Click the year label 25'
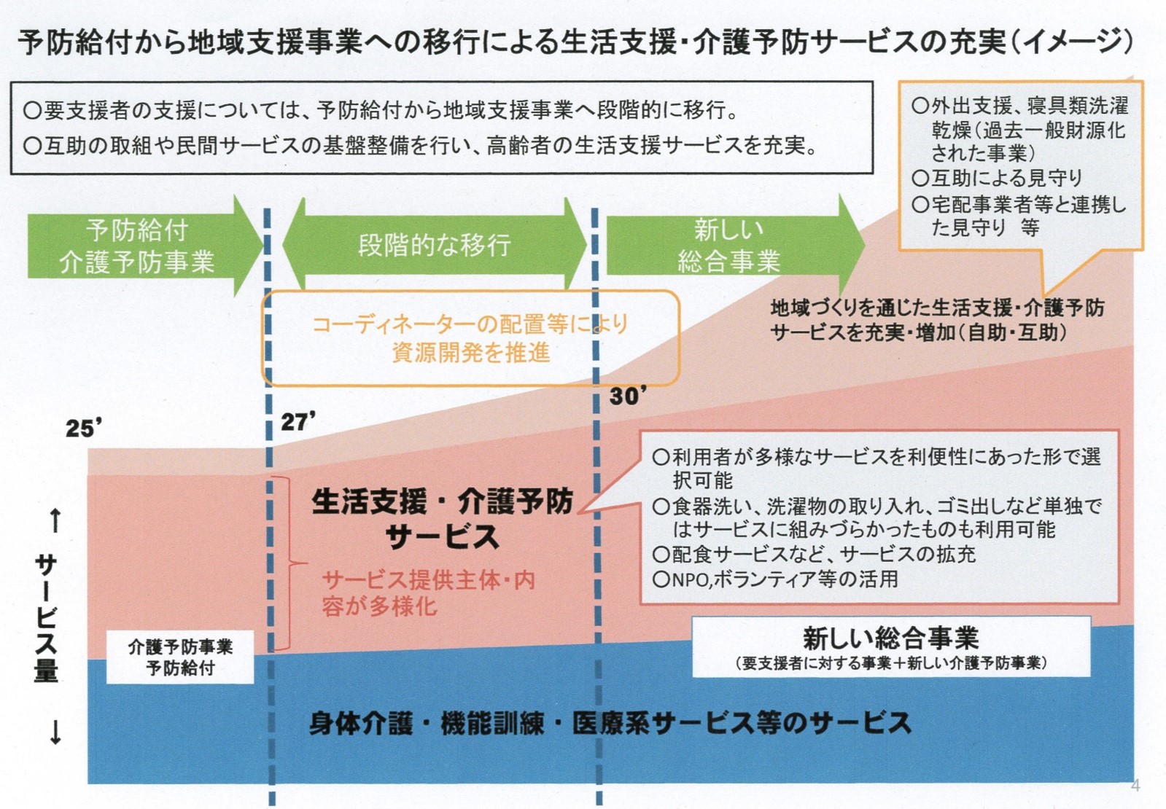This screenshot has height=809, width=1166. click(83, 428)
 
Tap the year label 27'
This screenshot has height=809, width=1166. click(298, 421)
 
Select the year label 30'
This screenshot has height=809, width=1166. click(628, 396)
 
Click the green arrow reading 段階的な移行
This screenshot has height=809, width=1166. click(435, 245)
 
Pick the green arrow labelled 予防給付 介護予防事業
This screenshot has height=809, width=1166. click(139, 246)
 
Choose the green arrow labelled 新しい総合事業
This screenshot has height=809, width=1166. click(729, 246)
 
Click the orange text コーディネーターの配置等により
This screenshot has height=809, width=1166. click(470, 324)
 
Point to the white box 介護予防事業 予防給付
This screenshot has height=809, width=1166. click(180, 657)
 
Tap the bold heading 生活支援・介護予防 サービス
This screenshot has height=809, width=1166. click(443, 518)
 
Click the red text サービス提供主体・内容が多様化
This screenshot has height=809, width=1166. click(429, 593)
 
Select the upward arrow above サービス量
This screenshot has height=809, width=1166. click(55, 520)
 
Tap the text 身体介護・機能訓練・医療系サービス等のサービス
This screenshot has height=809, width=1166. click(610, 723)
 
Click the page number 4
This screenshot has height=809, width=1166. click(1135, 786)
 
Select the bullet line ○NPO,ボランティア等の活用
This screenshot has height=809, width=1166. click(776, 579)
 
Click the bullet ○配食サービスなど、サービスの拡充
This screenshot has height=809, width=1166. click(814, 554)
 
